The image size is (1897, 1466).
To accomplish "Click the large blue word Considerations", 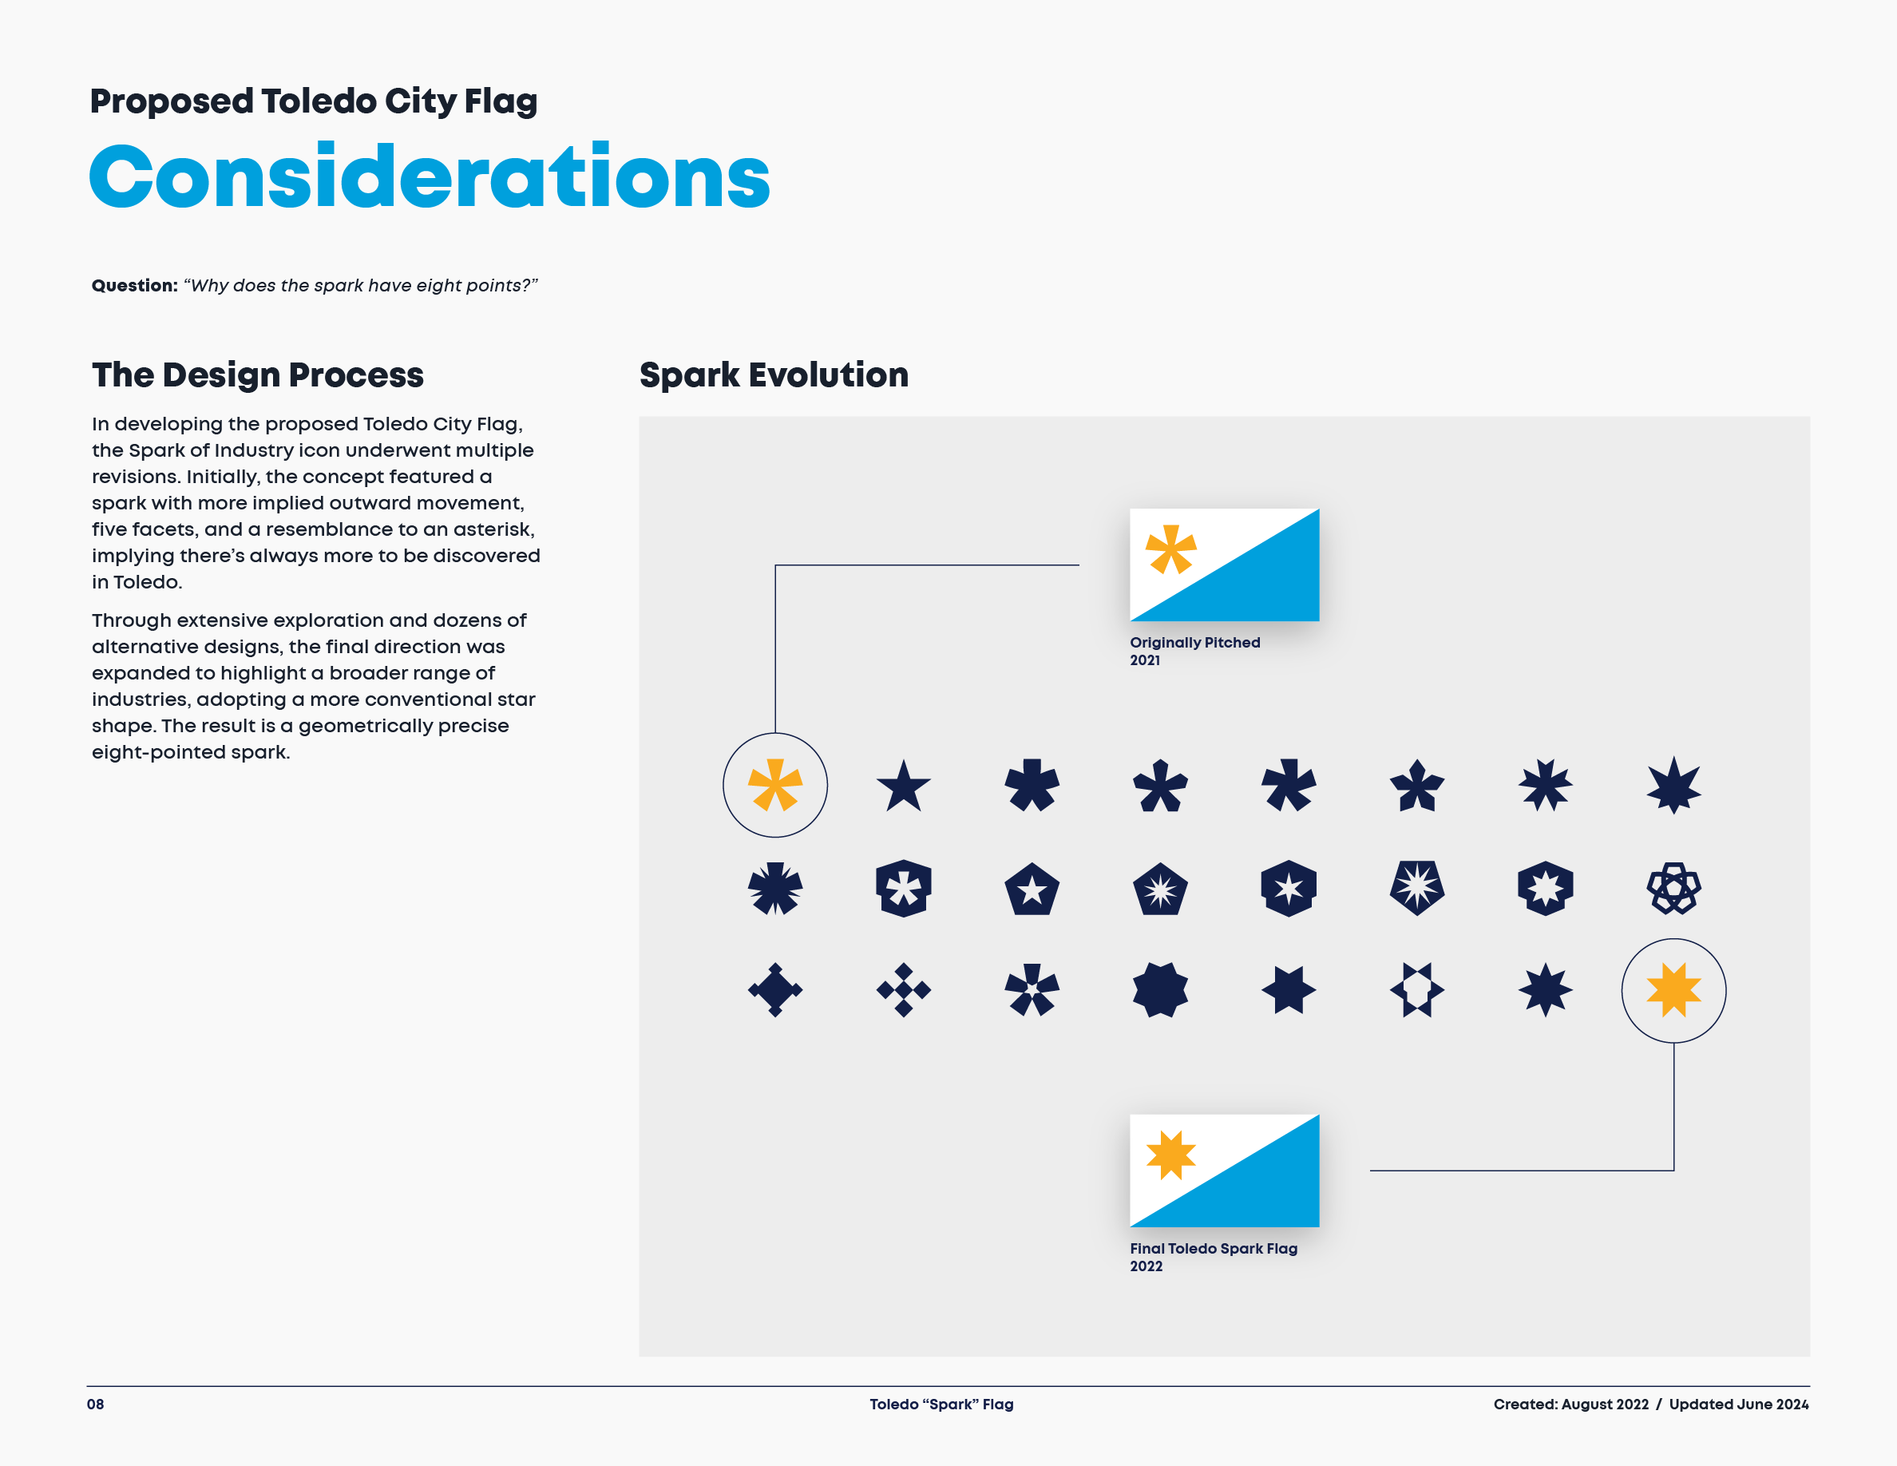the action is pyautogui.click(x=429, y=177).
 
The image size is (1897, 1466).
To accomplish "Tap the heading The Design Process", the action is pyautogui.click(x=257, y=375).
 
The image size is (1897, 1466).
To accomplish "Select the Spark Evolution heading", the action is pyautogui.click(x=773, y=375).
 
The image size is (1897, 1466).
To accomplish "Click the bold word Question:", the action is pyautogui.click(x=135, y=286).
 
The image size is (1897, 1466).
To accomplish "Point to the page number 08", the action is pyautogui.click(x=96, y=1405).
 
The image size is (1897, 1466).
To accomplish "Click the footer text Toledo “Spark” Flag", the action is pyautogui.click(x=941, y=1405).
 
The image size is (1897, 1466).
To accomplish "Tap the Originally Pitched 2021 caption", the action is pyautogui.click(x=1194, y=651).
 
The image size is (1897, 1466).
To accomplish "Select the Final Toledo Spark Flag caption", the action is pyautogui.click(x=1213, y=1257).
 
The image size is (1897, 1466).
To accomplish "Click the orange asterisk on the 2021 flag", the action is pyautogui.click(x=1171, y=549).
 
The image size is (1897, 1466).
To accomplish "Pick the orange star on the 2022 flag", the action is pyautogui.click(x=1171, y=1155).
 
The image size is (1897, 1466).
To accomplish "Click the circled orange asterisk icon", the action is pyautogui.click(x=774, y=785).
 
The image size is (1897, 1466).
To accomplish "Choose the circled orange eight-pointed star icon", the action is pyautogui.click(x=1673, y=990).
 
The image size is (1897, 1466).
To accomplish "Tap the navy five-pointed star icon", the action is pyautogui.click(x=903, y=786).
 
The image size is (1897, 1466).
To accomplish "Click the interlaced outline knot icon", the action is pyautogui.click(x=1673, y=889).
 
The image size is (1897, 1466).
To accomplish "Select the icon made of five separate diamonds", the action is pyautogui.click(x=903, y=990).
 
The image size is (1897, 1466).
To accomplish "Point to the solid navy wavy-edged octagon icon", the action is pyautogui.click(x=1159, y=990).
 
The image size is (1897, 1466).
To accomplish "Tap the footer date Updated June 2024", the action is pyautogui.click(x=1738, y=1405).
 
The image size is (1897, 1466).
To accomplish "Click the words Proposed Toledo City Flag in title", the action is pyautogui.click(x=314, y=101).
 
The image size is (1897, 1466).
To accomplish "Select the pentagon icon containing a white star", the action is pyautogui.click(x=1032, y=890).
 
